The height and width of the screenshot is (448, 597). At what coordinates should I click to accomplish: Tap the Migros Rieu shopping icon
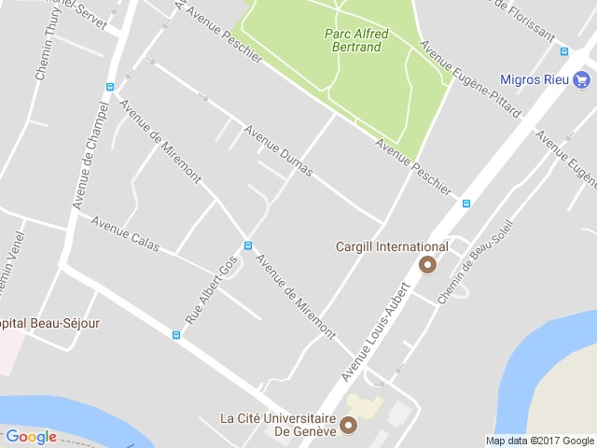pos(579,79)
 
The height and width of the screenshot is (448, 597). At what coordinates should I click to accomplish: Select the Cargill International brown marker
pos(428,265)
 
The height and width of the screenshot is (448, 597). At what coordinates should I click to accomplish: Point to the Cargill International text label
pos(392,247)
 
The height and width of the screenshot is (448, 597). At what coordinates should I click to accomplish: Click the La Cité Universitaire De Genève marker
pos(349,427)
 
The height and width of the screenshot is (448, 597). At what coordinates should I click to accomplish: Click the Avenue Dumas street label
pos(278,150)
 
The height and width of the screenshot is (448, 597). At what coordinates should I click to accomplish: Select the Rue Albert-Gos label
pos(211,290)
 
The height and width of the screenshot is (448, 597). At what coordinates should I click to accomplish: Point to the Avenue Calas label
pos(125,234)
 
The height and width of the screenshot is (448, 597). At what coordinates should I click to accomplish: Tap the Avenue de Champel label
pos(91,155)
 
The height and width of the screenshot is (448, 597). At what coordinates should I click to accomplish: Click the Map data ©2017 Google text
pos(539,441)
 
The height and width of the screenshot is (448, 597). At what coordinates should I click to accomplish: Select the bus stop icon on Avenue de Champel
pos(110,87)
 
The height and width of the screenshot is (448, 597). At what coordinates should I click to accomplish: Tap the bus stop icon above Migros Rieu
pos(563,51)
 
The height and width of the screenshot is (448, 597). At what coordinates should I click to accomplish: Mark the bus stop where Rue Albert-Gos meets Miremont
pos(247,245)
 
